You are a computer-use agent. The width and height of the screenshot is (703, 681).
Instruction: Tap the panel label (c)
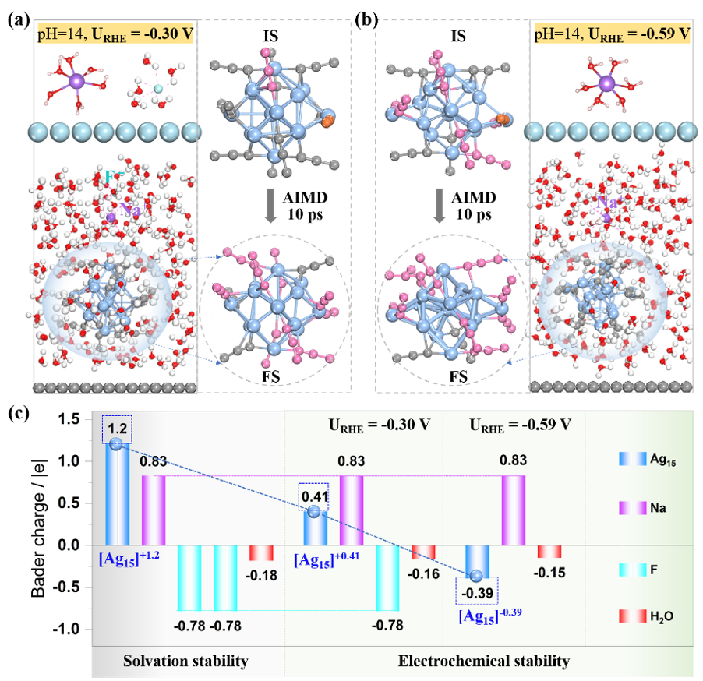click(x=18, y=413)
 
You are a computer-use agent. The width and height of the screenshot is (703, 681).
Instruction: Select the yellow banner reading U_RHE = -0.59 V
click(x=612, y=34)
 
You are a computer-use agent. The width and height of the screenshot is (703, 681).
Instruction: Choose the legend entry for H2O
click(x=648, y=616)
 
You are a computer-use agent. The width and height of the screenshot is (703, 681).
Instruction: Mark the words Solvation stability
click(x=185, y=662)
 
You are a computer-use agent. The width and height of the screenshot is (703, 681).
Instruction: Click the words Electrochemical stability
click(x=484, y=662)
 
